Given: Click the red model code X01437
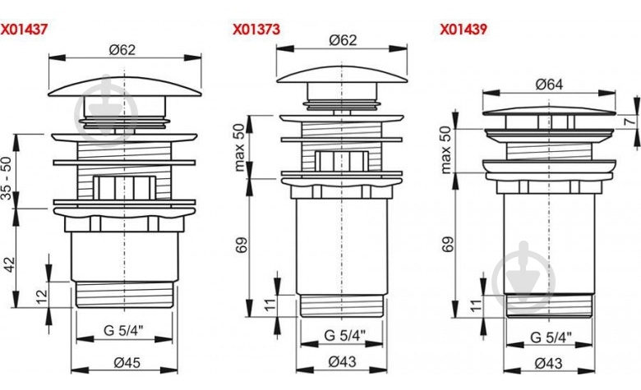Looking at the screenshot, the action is tap(24, 30).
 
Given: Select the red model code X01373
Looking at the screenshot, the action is tap(256, 30).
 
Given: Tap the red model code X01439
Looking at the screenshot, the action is tap(463, 30).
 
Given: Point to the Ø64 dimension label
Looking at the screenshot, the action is tap(550, 85).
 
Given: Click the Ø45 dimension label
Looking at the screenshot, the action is tap(127, 362).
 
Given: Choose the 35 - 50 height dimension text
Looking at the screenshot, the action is tap(7, 178).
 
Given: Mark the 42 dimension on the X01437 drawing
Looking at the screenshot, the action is tap(9, 264).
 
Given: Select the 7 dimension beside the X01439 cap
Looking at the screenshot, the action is tap(631, 121).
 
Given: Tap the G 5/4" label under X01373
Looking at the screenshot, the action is tap(344, 336).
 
